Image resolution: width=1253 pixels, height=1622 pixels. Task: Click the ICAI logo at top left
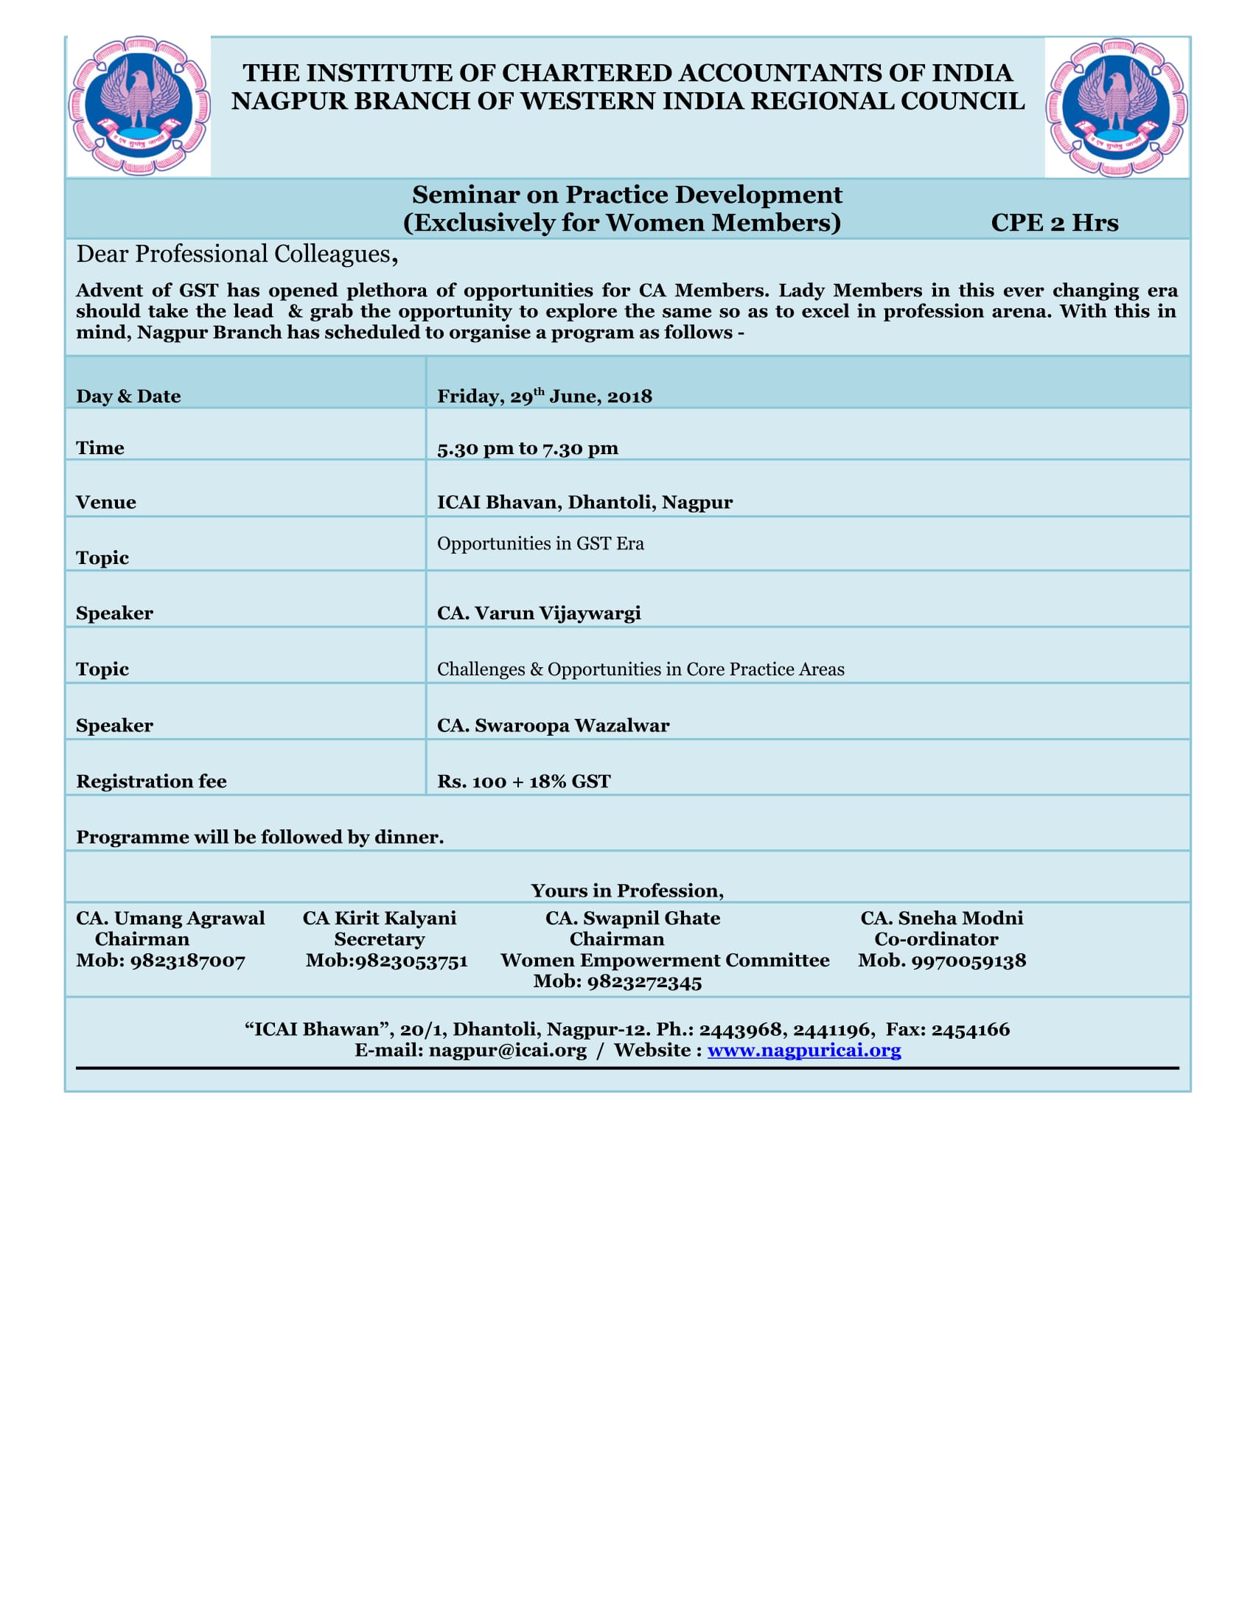(139, 105)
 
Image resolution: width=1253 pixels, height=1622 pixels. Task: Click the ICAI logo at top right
(1117, 107)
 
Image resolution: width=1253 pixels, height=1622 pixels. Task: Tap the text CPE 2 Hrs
(1054, 223)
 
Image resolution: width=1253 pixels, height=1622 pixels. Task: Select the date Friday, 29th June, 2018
(544, 396)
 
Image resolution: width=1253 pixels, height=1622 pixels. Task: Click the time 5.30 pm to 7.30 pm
(527, 448)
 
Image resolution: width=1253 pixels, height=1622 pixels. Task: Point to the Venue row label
(105, 502)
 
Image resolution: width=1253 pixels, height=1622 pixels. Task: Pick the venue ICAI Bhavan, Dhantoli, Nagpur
(584, 502)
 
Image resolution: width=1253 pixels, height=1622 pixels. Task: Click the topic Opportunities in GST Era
(540, 543)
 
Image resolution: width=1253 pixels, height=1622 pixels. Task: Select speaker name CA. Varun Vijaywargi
(538, 613)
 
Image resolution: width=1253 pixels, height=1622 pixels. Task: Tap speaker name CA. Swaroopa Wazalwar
(553, 725)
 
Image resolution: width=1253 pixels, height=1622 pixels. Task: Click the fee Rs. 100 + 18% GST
(523, 781)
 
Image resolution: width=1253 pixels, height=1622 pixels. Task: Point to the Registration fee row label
(150, 781)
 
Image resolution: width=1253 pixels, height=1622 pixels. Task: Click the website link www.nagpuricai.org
(804, 1050)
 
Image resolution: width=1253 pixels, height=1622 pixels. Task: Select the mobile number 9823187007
(188, 960)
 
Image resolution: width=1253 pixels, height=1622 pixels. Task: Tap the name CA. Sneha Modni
(941, 918)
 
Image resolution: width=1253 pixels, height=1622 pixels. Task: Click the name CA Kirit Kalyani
(379, 918)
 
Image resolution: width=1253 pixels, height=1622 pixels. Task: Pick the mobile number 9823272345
(644, 982)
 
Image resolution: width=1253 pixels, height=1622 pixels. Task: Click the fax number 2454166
(970, 1029)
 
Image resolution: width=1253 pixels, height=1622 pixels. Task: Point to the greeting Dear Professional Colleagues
(236, 255)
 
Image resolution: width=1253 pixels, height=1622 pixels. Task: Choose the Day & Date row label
(128, 396)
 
